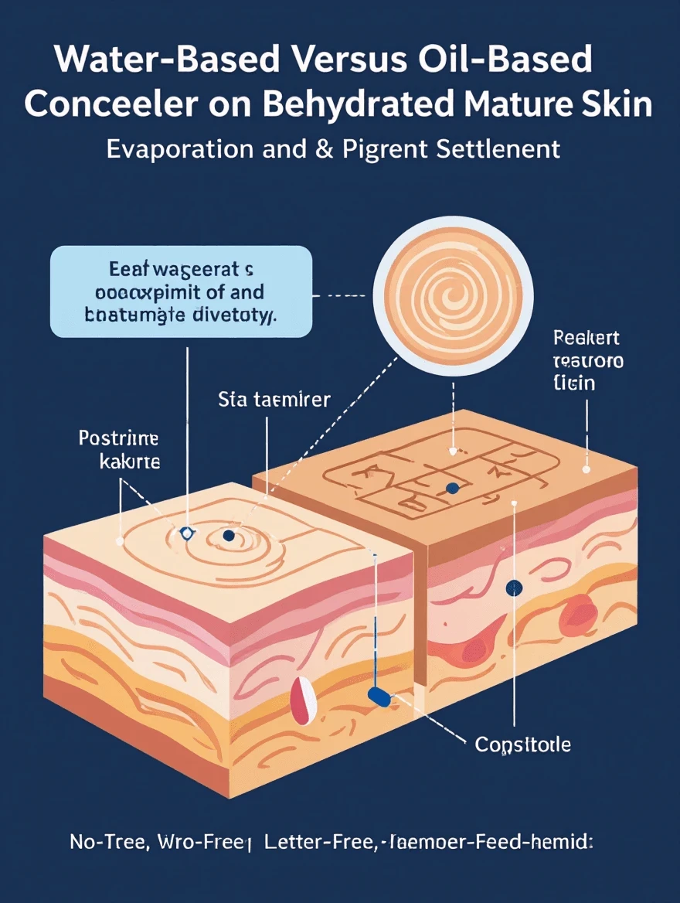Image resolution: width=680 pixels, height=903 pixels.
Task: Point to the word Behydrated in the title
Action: pyautogui.click(x=358, y=104)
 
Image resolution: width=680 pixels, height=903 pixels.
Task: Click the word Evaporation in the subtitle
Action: pyautogui.click(x=179, y=148)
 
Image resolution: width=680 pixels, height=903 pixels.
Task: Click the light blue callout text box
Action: pyautogui.click(x=181, y=291)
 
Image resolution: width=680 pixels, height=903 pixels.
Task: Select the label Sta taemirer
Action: pyautogui.click(x=274, y=400)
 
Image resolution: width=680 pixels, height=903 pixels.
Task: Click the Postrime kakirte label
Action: pyautogui.click(x=119, y=451)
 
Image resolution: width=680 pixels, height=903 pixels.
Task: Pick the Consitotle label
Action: pyautogui.click(x=522, y=745)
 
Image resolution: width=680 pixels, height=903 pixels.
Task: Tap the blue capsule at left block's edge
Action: pyautogui.click(x=379, y=697)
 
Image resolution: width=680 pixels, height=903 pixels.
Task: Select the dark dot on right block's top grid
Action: pyautogui.click(x=453, y=488)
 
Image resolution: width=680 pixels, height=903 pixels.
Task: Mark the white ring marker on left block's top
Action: pyautogui.click(x=185, y=533)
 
